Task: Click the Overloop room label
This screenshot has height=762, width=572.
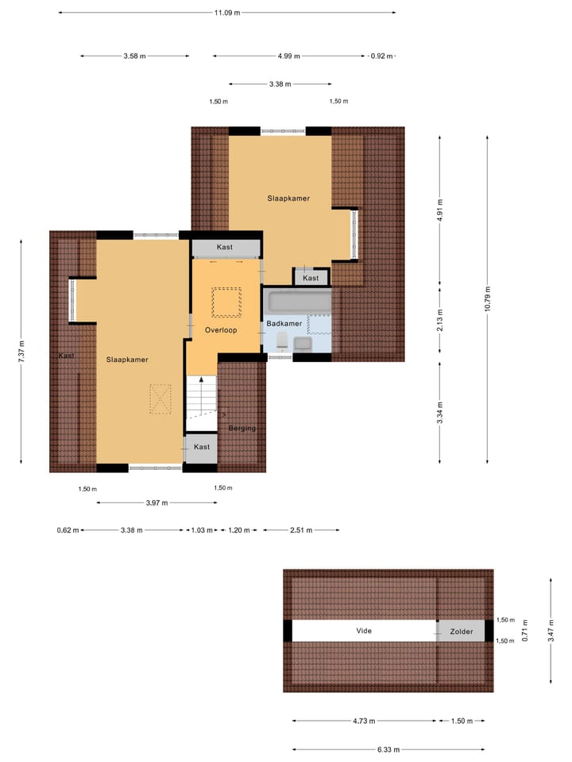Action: coord(220,329)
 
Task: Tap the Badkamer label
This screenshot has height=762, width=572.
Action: coord(284,324)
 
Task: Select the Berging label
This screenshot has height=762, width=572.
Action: coord(242,428)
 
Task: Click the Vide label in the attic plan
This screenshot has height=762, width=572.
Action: coord(363,631)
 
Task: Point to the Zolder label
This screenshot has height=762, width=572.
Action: coord(461,632)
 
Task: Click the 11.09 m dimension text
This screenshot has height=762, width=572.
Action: coord(226,13)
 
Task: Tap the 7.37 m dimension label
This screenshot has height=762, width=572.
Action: coord(21,350)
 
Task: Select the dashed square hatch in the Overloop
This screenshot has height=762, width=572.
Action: coord(226,300)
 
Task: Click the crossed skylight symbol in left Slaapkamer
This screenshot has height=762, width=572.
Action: coord(161,398)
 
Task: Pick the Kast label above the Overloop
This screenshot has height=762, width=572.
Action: coord(225,248)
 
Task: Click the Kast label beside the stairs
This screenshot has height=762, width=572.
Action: coord(202,447)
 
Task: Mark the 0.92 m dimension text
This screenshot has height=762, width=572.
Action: coord(382,56)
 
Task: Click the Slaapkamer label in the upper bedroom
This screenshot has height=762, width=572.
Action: coord(288,198)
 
